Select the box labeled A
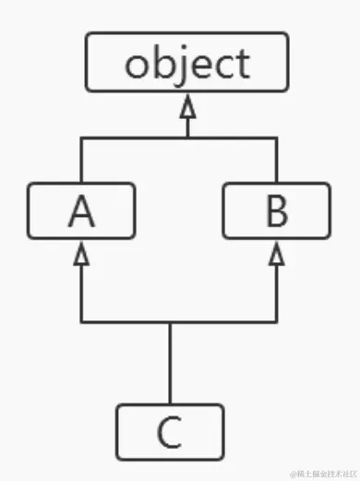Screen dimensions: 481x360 81,211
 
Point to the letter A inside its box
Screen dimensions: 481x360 81,212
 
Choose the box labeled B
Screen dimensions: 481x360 276,211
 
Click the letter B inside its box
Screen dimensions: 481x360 276,212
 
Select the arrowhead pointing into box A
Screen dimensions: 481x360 81,254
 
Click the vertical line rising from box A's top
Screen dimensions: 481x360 81,161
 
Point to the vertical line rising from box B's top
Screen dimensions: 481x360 276,161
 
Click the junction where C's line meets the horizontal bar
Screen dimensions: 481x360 170,322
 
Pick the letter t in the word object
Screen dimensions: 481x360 242,63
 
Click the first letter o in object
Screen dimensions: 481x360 138,65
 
